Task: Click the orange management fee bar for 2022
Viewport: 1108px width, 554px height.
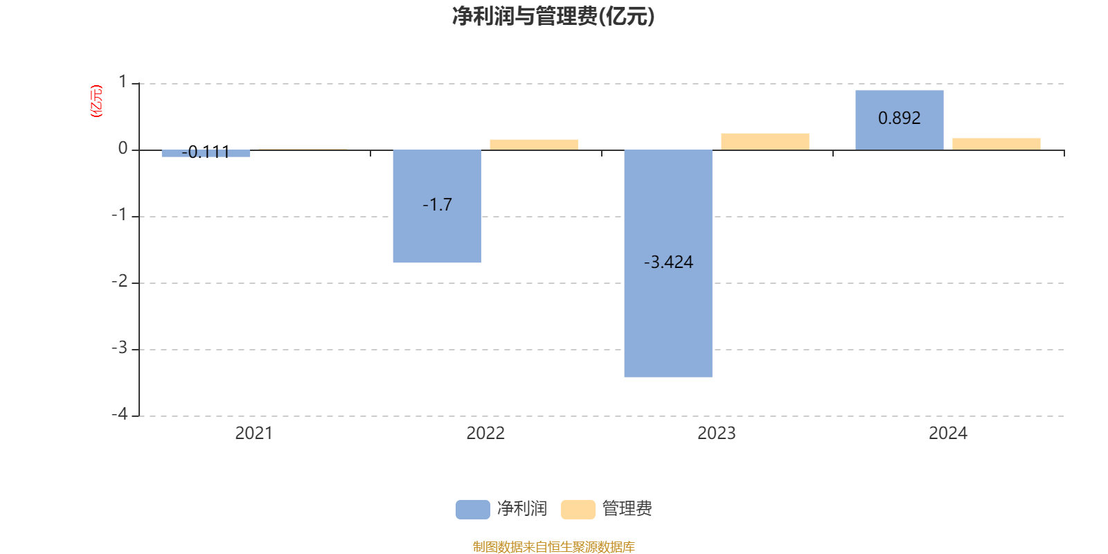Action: (533, 145)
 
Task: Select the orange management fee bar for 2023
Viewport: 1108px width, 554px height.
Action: (765, 141)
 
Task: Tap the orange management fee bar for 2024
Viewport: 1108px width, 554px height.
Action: (996, 144)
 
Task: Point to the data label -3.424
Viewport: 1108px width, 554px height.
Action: (668, 262)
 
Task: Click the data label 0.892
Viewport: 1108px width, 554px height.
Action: (899, 118)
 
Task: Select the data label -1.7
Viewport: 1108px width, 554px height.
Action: (437, 205)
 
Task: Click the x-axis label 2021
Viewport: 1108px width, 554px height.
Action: (253, 434)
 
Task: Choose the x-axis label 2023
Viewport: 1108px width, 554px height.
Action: (716, 434)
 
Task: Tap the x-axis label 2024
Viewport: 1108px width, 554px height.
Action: (947, 434)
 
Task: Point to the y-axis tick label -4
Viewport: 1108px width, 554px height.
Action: (120, 414)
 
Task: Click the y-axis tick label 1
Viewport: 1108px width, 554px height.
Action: (123, 82)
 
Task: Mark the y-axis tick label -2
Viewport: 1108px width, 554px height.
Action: (120, 281)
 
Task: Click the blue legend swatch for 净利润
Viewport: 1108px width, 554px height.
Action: (472, 510)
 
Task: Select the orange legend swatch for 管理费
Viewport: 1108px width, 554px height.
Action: (578, 510)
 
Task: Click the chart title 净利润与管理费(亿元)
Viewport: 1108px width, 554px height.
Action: (553, 16)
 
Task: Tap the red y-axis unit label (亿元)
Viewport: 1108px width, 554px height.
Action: (96, 101)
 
